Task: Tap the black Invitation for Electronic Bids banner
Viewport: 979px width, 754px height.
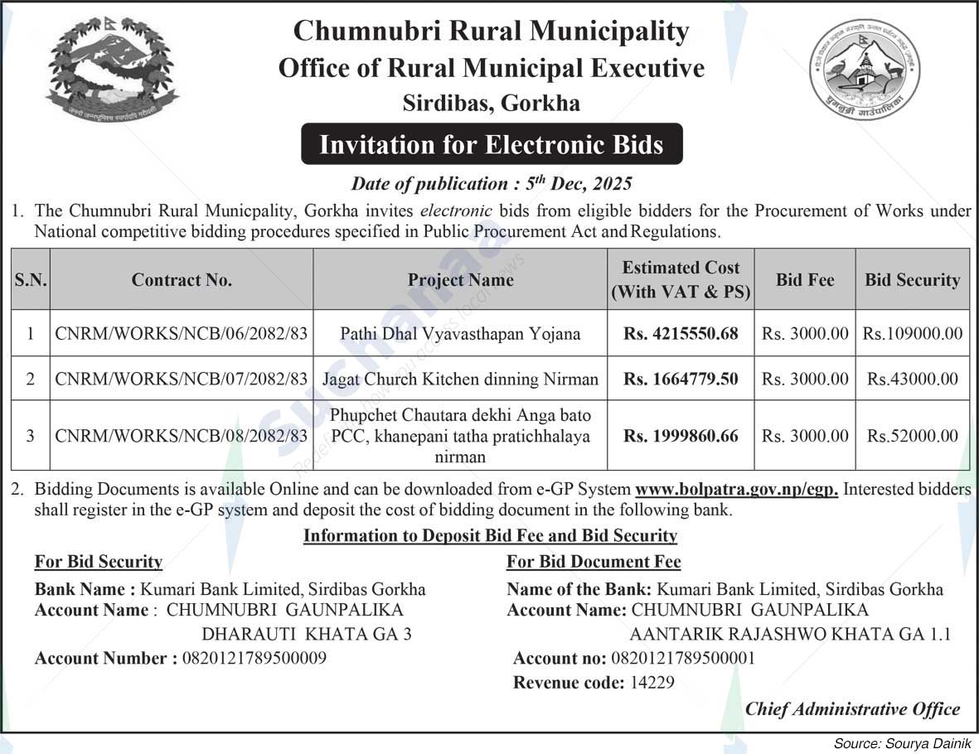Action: [492, 145]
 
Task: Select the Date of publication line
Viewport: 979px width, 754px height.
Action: [492, 183]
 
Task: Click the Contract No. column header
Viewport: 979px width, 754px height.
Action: [182, 280]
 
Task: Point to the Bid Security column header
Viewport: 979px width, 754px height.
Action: [912, 280]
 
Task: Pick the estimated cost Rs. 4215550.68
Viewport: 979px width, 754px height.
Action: [681, 334]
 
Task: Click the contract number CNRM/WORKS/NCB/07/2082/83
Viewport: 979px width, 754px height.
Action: [182, 379]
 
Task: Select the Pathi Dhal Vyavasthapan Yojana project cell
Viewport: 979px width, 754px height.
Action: [460, 334]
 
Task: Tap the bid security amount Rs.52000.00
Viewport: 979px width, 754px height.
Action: [913, 436]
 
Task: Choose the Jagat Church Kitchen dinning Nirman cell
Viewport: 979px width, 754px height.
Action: [460, 379]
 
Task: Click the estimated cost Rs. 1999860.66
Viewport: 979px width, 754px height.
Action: [681, 436]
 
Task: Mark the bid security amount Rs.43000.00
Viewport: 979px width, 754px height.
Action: [913, 379]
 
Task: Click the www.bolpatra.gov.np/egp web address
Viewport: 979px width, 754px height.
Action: [736, 490]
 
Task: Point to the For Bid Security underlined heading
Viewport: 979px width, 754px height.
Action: [98, 562]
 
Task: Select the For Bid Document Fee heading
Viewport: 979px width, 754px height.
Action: [594, 562]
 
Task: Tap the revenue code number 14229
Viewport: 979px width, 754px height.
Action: [652, 684]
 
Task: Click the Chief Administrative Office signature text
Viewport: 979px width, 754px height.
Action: [852, 709]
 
